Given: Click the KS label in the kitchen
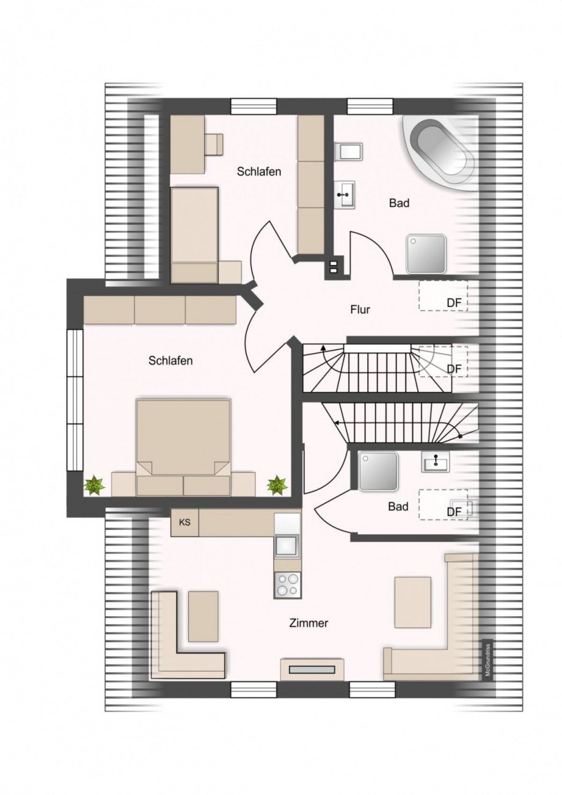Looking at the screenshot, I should [184, 523].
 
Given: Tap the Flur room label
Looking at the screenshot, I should [360, 310].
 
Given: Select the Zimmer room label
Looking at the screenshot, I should [308, 623].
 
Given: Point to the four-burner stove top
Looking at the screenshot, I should [287, 584].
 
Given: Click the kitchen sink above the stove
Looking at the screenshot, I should [287, 545].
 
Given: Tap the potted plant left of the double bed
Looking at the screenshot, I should [94, 485].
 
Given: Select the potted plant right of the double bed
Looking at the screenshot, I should [277, 485].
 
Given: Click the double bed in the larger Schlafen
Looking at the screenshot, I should [183, 446].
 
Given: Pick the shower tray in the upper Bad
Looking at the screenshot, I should [426, 254].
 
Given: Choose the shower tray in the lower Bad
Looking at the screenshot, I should [378, 471].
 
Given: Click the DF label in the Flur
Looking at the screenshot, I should [454, 302].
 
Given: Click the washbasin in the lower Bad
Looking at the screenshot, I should [435, 462].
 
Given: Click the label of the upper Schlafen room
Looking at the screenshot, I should [259, 172].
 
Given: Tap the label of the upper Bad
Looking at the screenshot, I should [399, 203].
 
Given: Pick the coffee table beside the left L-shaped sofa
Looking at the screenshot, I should [203, 616].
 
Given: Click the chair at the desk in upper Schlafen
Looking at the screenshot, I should [213, 144].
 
